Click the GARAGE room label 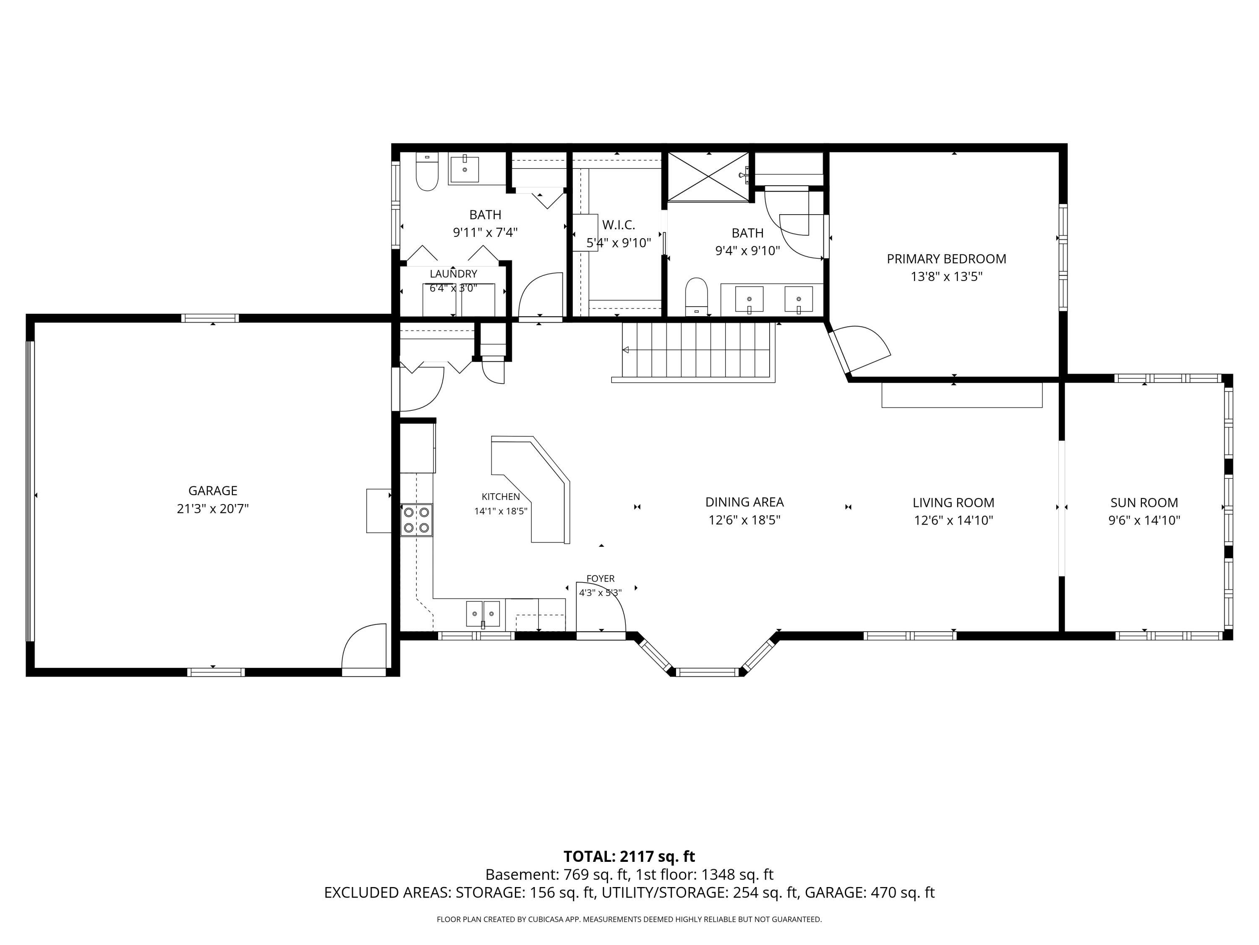tap(213, 491)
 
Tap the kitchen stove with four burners tap(416, 520)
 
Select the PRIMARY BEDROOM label tap(946, 259)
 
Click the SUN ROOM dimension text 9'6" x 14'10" tap(1144, 520)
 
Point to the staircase tap(695, 350)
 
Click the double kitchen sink tap(483, 614)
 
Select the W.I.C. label tap(618, 225)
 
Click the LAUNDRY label tap(453, 274)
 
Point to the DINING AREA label tap(744, 502)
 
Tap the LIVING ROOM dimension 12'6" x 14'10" tap(953, 520)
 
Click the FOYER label tap(601, 579)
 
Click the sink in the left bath tap(465, 169)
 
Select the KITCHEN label tap(500, 497)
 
